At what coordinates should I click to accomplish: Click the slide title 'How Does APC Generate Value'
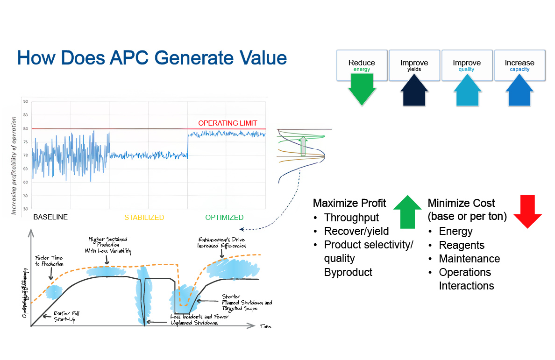point(152,58)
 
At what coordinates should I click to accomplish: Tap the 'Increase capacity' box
point(519,65)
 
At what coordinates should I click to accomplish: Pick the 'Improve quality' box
point(467,65)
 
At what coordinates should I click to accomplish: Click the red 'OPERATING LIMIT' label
point(228,123)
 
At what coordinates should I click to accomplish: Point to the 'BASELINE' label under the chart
point(50,217)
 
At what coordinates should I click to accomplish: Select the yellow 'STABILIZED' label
point(144,217)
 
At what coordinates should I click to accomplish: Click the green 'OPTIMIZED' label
point(224,217)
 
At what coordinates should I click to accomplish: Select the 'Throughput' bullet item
point(351,218)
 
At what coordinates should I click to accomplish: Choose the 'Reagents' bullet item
point(462,245)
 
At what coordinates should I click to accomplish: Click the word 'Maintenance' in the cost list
point(469,259)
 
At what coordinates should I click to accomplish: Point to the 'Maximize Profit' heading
point(349,203)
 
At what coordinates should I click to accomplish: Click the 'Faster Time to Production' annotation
point(49,261)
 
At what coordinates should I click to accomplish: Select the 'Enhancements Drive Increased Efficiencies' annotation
point(221,242)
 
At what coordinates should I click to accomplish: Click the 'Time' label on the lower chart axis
point(265,326)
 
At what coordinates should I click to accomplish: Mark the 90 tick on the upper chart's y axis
point(25,101)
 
